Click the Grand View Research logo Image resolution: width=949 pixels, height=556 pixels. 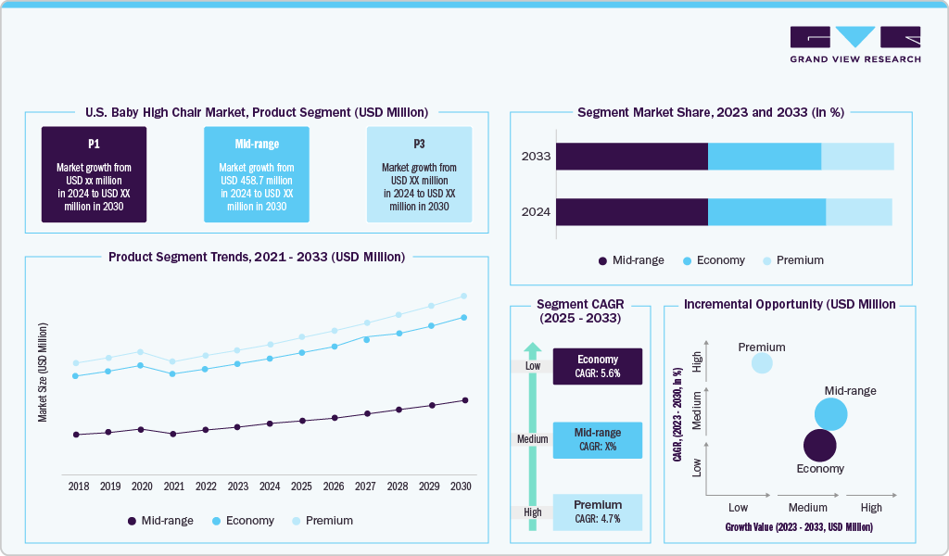tap(854, 44)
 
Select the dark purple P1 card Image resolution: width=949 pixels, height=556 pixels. tap(94, 174)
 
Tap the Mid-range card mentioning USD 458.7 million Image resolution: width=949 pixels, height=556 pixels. tap(257, 174)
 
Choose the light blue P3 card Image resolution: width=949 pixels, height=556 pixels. tap(419, 174)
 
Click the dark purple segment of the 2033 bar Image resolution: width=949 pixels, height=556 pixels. tap(631, 157)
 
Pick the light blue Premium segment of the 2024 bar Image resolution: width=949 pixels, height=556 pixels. tap(858, 212)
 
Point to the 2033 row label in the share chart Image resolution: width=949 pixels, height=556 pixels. tap(536, 157)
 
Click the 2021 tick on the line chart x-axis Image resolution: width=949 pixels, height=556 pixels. tap(173, 486)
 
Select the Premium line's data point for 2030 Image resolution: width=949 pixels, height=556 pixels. tap(464, 297)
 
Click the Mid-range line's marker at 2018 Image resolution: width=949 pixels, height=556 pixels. tap(76, 434)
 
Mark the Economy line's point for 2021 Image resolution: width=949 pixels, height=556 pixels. tap(173, 373)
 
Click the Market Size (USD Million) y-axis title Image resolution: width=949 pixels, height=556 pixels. tap(43, 372)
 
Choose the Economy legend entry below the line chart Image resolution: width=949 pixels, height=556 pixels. tap(243, 521)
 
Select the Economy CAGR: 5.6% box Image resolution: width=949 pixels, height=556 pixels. tap(598, 366)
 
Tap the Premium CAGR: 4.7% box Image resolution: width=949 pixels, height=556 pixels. tap(598, 512)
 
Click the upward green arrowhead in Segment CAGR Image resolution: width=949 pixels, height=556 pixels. tap(532, 350)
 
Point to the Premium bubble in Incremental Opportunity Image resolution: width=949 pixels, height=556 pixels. tap(761, 362)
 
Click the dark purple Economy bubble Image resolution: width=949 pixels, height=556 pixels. tap(819, 446)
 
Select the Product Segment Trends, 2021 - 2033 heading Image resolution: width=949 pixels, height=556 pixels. tap(257, 257)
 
